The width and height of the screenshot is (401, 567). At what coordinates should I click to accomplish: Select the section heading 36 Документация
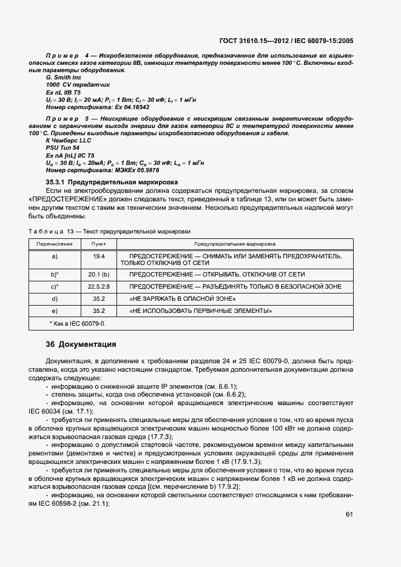pyautogui.click(x=81, y=344)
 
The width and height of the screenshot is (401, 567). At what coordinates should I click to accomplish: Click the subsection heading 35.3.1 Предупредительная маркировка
pyautogui.click(x=112, y=181)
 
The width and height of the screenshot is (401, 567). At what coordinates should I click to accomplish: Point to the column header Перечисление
pyautogui.click(x=55, y=244)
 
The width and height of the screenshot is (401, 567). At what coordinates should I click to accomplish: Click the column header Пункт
pyautogui.click(x=98, y=244)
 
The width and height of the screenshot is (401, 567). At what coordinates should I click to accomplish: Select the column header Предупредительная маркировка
pyautogui.click(x=235, y=244)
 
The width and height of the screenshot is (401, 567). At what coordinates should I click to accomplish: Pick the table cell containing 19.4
pyautogui.click(x=98, y=257)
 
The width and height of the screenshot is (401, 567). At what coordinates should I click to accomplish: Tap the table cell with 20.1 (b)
pyautogui.click(x=98, y=274)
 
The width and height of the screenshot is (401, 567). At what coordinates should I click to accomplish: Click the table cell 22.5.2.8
pyautogui.click(x=98, y=286)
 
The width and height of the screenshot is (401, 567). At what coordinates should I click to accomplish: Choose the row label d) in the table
pyautogui.click(x=55, y=298)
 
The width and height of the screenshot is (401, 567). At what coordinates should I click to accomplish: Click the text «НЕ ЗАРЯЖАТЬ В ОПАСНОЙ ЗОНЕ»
pyautogui.click(x=183, y=299)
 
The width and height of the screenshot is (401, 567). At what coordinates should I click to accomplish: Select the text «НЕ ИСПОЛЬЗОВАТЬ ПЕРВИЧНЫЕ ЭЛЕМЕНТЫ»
pyautogui.click(x=200, y=311)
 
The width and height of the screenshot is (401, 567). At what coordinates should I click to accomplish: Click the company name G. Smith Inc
pyautogui.click(x=64, y=78)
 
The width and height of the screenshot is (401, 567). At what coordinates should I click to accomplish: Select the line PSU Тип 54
pyautogui.click(x=62, y=148)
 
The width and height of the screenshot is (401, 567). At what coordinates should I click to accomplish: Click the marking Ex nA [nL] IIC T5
pyautogui.click(x=70, y=155)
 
